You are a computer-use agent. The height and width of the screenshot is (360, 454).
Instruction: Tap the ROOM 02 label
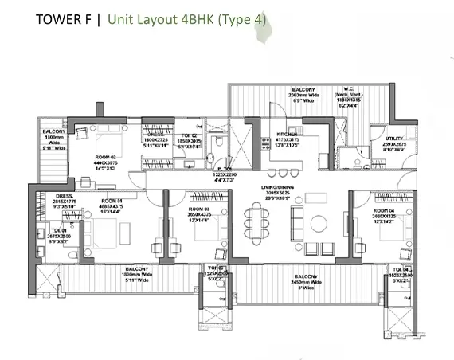(108, 158)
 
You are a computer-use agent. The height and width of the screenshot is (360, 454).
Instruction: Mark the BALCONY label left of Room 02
(53, 131)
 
